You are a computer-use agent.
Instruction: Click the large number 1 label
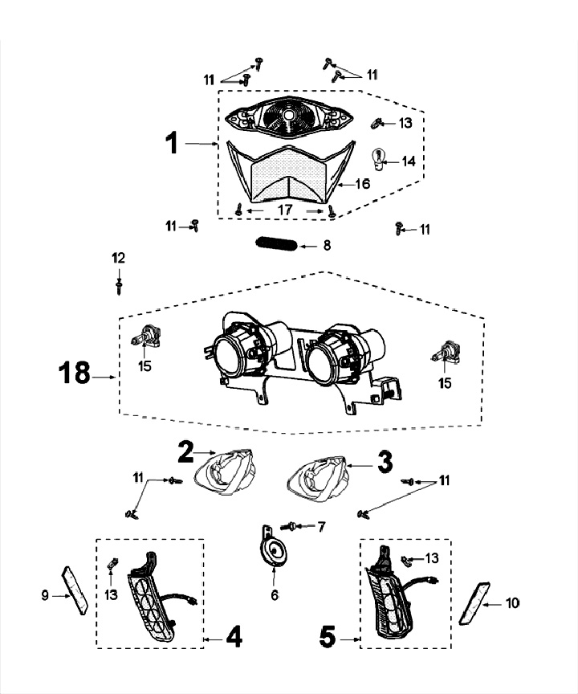coord(170,144)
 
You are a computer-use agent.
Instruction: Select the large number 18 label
coord(76,375)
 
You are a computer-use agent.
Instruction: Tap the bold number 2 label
coord(185,452)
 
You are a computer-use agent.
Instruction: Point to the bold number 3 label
coord(385,462)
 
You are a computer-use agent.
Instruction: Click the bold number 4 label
coord(233,639)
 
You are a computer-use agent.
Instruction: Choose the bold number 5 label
coord(328,639)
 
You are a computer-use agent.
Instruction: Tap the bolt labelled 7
coord(293,526)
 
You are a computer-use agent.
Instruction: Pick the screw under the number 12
coord(119,284)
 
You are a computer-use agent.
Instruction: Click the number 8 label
coord(326,245)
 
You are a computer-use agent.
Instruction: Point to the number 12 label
coord(119,258)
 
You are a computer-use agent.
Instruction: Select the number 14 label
coord(409,161)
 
